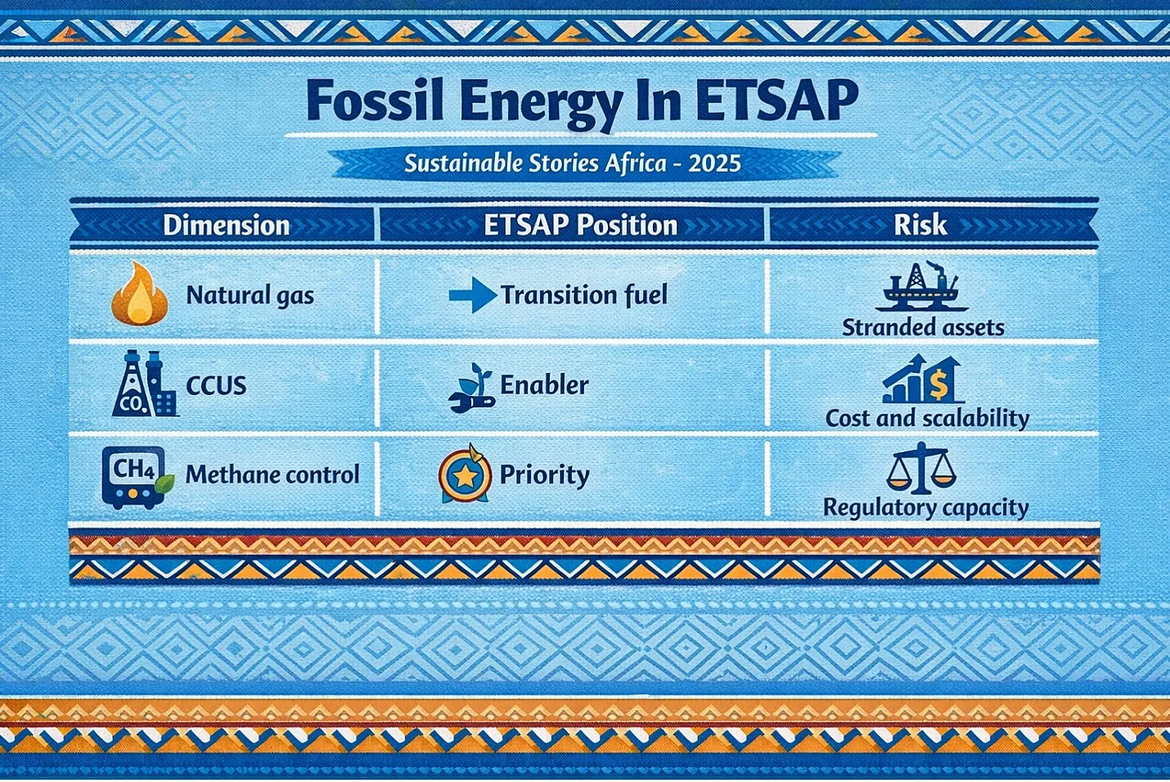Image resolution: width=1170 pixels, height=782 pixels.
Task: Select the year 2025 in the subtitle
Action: [714, 164]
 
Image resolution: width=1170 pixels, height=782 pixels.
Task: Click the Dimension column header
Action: [226, 226]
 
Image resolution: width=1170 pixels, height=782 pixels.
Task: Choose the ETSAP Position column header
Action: [581, 226]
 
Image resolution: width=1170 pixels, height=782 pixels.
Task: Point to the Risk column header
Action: [920, 226]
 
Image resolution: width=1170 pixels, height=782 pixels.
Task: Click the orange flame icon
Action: [140, 294]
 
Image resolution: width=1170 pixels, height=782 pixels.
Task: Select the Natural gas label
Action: [250, 295]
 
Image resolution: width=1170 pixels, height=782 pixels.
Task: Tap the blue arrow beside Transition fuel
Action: [473, 295]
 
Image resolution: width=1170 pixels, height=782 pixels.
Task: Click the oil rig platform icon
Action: [922, 286]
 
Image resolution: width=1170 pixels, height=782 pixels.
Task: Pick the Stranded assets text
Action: [923, 328]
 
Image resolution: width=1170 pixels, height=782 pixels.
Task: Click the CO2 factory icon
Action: [145, 383]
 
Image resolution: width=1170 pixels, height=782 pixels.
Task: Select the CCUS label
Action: [216, 386]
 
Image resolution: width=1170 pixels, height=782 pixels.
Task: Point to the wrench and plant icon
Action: [471, 388]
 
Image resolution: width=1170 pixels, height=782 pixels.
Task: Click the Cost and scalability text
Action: [927, 418]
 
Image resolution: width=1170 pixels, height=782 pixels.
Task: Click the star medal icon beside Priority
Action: [465, 474]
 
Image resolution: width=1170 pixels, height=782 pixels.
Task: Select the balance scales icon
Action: [920, 468]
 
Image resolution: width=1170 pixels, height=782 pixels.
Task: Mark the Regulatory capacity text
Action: [925, 508]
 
